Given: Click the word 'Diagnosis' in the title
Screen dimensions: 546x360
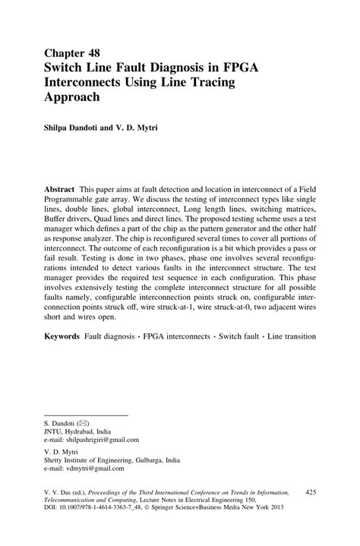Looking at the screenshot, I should (x=198, y=68).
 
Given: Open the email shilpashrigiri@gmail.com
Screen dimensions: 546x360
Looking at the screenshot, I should (x=99, y=439).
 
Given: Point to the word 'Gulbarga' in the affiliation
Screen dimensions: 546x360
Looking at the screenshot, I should (x=147, y=459).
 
